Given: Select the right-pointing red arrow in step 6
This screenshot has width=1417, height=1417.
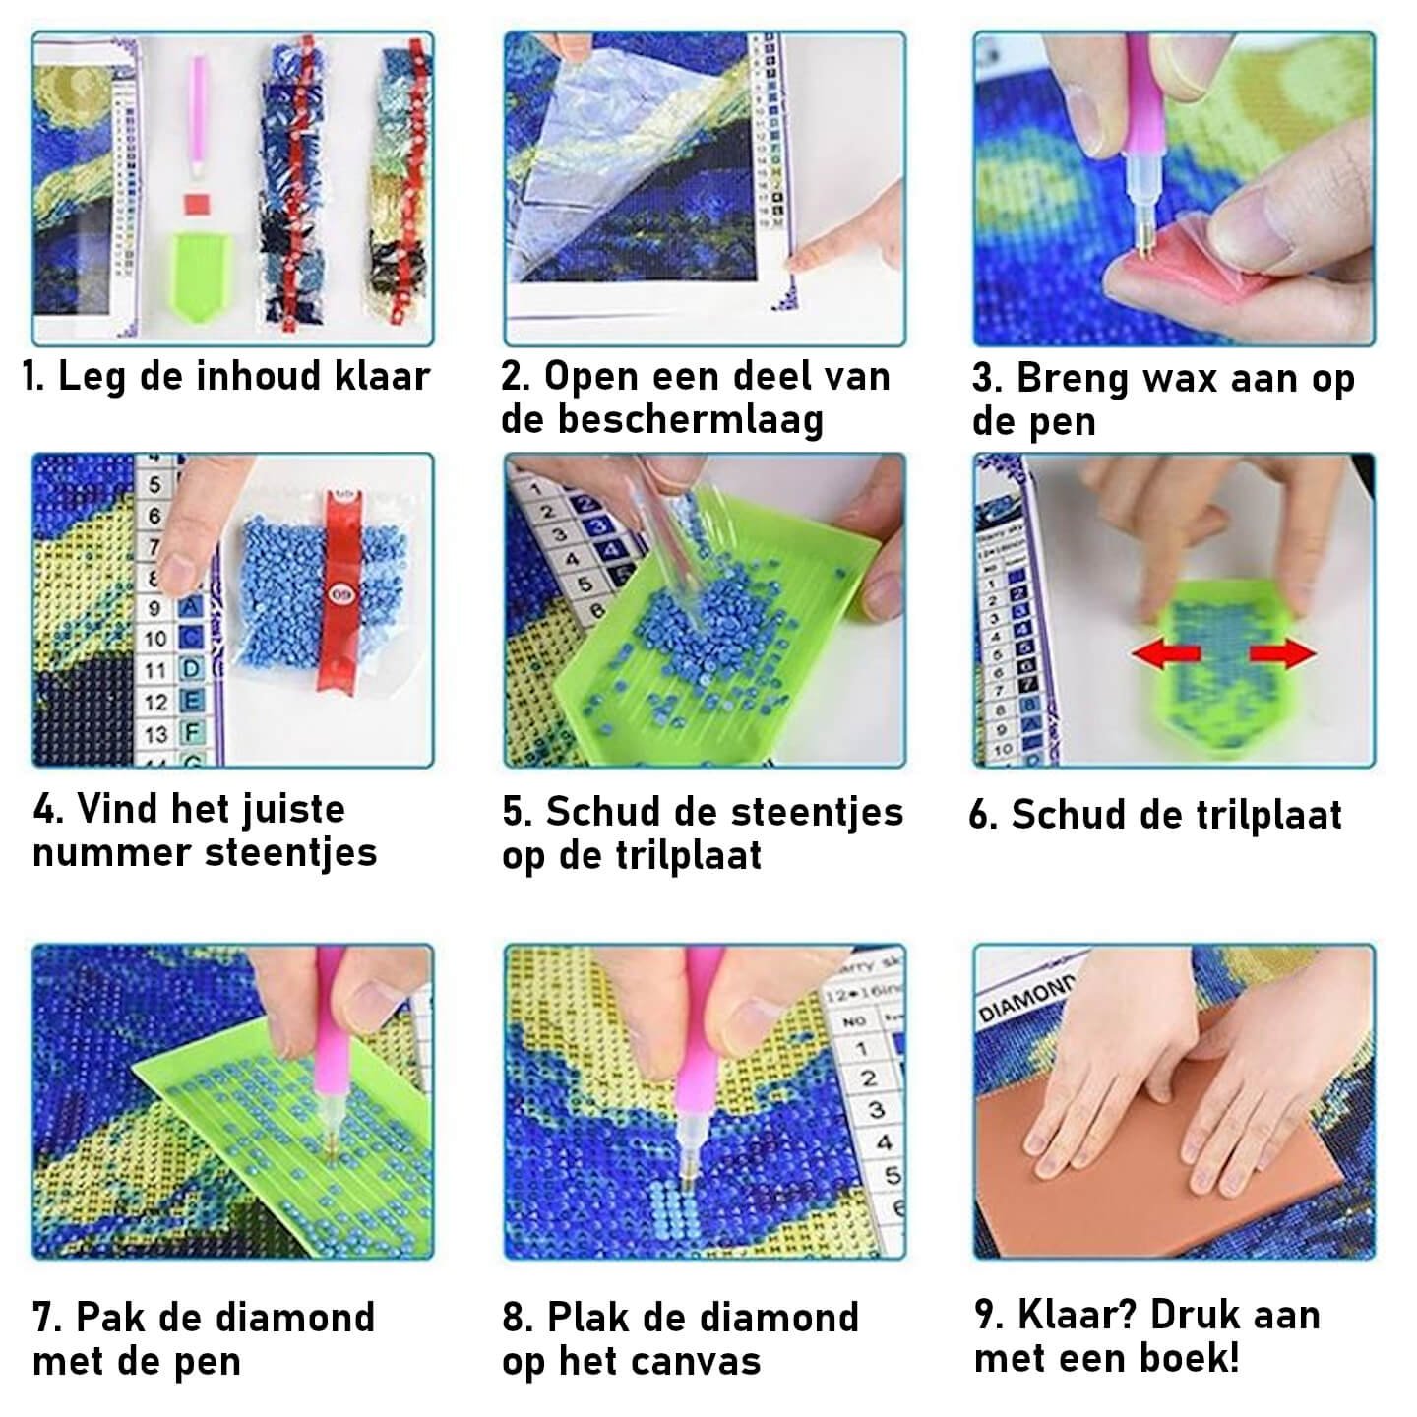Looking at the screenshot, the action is tap(1282, 653).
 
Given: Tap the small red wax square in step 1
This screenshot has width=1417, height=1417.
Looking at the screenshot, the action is tap(197, 204).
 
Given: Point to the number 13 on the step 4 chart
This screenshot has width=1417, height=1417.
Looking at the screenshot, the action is tap(155, 734).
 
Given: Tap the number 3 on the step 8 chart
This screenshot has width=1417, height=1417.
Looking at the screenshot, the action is tap(875, 1109).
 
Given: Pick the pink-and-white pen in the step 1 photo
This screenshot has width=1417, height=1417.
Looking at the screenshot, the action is tap(197, 116).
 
